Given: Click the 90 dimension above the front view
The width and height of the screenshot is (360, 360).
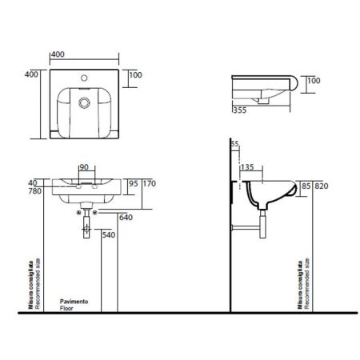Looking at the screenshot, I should click(84, 168).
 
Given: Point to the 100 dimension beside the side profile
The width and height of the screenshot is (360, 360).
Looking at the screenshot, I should click(314, 81).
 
